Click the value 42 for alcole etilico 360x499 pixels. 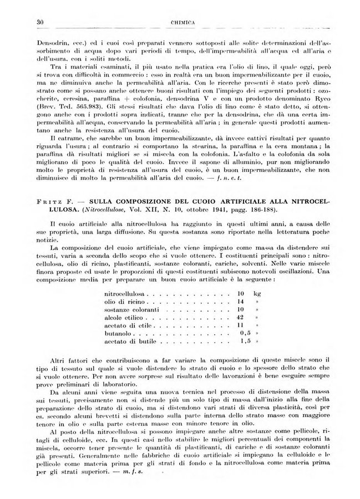(x=241, y=318)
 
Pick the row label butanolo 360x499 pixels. (x=118, y=335)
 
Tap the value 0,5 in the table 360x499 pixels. (x=241, y=335)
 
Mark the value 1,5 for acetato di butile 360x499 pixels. (x=241, y=344)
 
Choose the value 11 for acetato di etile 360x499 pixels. (x=241, y=327)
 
